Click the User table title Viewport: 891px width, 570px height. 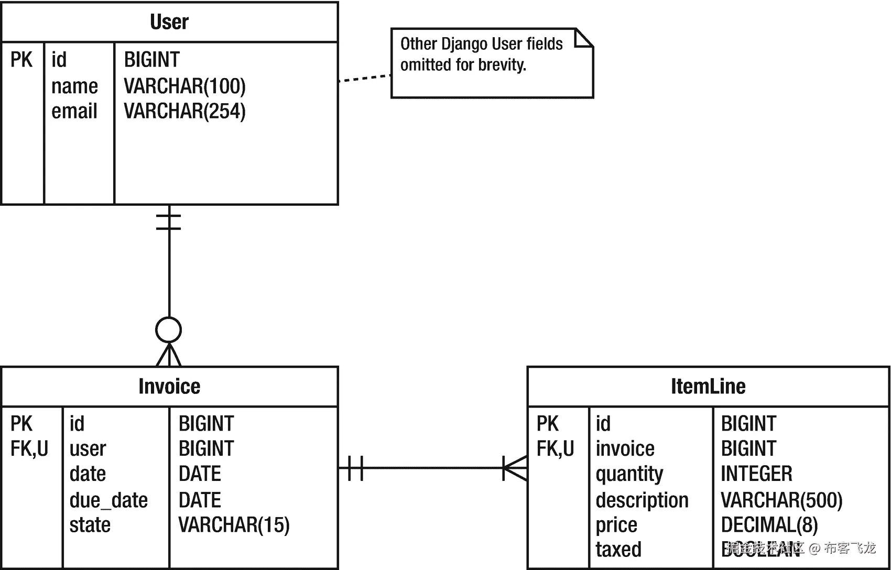(x=169, y=22)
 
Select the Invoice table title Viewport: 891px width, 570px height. (x=169, y=387)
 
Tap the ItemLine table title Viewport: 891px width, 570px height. (x=708, y=387)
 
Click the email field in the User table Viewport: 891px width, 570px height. (x=74, y=111)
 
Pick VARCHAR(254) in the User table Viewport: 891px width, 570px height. (x=184, y=111)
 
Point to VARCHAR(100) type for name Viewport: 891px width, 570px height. (x=184, y=86)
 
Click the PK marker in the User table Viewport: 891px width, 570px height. (x=21, y=60)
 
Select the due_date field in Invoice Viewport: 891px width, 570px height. (x=108, y=500)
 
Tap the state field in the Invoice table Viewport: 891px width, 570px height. (x=90, y=525)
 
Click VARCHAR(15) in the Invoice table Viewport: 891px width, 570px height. (x=234, y=525)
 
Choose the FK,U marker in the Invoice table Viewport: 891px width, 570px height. (x=29, y=448)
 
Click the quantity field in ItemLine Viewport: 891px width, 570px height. (x=629, y=474)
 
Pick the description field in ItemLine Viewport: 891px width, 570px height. (x=642, y=500)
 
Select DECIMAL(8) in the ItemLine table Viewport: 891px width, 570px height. (x=769, y=525)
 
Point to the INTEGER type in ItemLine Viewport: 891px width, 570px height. (x=756, y=474)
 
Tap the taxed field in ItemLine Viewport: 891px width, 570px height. (x=618, y=550)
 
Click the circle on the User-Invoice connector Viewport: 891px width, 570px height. (x=169, y=330)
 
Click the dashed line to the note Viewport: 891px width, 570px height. (x=365, y=78)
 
